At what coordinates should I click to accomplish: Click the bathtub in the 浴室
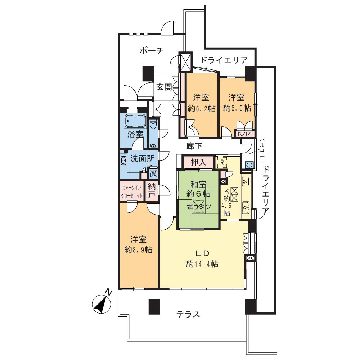[135, 121]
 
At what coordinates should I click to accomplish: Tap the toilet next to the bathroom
[153, 125]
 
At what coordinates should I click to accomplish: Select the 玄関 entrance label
[164, 87]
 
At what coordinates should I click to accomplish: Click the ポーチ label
[152, 50]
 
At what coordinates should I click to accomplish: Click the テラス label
[188, 314]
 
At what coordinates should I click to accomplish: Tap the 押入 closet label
[198, 163]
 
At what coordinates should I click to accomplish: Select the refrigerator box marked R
[222, 163]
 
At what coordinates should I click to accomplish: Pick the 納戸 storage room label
[152, 190]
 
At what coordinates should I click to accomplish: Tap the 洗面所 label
[142, 158]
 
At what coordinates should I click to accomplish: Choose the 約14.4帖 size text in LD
[202, 264]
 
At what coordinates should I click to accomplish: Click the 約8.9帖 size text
[139, 250]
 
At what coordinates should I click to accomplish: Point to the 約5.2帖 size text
[201, 108]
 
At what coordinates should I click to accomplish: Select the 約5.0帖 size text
[237, 108]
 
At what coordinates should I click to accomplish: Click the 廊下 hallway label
[194, 146]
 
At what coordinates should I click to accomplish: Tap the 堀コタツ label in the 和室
[199, 207]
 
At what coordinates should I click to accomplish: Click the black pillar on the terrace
[154, 307]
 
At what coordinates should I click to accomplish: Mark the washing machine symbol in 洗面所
[153, 174]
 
